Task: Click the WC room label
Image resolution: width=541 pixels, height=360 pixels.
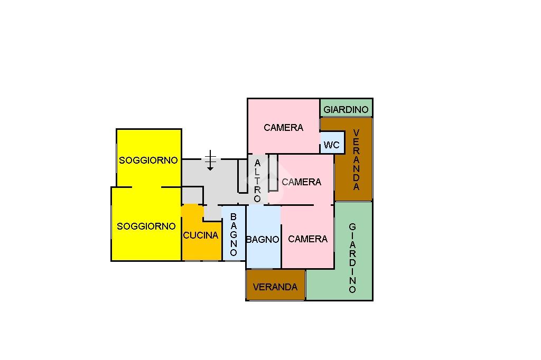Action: tap(332, 145)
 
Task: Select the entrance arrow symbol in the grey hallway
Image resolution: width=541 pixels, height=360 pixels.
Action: tap(210, 160)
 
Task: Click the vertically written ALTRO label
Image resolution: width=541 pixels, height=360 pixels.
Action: tap(257, 181)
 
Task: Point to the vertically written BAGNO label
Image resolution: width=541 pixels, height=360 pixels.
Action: tap(234, 234)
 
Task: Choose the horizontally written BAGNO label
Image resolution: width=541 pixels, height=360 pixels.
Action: tap(263, 239)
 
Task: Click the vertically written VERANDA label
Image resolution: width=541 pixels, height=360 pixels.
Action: tap(357, 159)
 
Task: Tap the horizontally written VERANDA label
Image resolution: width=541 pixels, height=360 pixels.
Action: tap(275, 287)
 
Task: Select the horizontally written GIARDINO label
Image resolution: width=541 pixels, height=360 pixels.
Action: tap(346, 110)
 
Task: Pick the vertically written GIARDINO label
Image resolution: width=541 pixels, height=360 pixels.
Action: tap(352, 258)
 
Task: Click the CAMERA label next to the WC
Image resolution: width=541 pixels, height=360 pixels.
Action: tap(284, 128)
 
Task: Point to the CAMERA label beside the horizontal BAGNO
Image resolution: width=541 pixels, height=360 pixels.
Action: tap(308, 239)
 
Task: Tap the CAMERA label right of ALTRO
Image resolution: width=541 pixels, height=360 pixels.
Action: tap(302, 182)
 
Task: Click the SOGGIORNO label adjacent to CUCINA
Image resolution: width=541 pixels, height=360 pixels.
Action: tap(146, 226)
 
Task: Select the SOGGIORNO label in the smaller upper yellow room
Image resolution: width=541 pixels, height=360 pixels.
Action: tap(148, 160)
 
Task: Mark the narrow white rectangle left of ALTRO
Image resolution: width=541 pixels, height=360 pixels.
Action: tap(242, 176)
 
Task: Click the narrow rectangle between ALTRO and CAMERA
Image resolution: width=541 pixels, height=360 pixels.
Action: tap(273, 173)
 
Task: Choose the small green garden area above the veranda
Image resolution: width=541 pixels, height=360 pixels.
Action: tap(346, 108)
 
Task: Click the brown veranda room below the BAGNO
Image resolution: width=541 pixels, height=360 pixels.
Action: tap(276, 285)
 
